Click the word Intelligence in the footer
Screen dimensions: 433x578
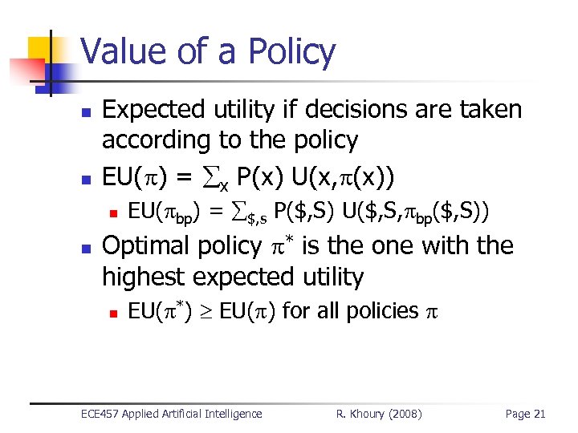[x=234, y=414]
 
